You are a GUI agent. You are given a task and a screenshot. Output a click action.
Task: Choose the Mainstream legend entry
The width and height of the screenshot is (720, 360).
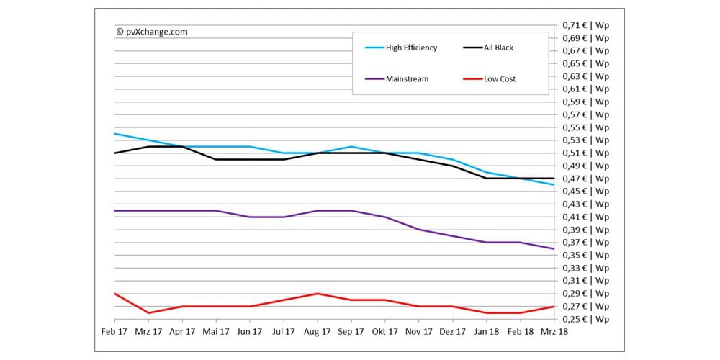pyautogui.click(x=407, y=78)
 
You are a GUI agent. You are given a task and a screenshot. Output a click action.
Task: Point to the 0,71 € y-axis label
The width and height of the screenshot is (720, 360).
pyautogui.click(x=585, y=25)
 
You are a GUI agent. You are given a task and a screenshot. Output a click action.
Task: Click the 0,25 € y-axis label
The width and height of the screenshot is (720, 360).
pyautogui.click(x=585, y=319)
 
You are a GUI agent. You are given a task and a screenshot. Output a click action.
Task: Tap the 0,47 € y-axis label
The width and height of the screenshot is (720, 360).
pyautogui.click(x=585, y=179)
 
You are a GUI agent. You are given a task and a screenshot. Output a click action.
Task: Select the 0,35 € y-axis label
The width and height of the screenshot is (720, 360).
pyautogui.click(x=585, y=255)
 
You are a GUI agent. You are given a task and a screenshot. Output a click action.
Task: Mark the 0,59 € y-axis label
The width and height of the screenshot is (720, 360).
pyautogui.click(x=585, y=102)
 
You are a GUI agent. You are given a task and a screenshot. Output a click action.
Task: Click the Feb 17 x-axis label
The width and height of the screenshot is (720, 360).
pyautogui.click(x=114, y=332)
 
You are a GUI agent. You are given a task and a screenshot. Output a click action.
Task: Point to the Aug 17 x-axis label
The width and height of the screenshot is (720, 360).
pyautogui.click(x=317, y=332)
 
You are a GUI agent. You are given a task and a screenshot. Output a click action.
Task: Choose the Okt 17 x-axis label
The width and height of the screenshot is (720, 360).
pyautogui.click(x=384, y=332)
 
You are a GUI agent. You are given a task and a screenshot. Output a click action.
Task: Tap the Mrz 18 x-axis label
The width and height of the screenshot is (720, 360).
pyautogui.click(x=553, y=332)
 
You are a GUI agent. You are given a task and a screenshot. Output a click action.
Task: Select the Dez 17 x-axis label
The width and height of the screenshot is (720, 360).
pyautogui.click(x=452, y=332)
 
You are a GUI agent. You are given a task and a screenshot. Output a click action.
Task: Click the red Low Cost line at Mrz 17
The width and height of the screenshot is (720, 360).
pyautogui.click(x=148, y=312)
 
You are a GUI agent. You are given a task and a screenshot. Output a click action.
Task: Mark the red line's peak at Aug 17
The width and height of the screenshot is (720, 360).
pyautogui.click(x=317, y=294)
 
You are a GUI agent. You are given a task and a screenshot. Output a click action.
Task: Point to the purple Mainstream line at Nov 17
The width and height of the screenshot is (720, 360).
pyautogui.click(x=418, y=230)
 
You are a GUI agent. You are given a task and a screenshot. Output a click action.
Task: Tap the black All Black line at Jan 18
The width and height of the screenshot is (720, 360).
pyautogui.click(x=486, y=178)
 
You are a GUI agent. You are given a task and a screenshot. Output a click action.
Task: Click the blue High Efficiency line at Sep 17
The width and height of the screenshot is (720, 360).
pyautogui.click(x=351, y=146)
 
